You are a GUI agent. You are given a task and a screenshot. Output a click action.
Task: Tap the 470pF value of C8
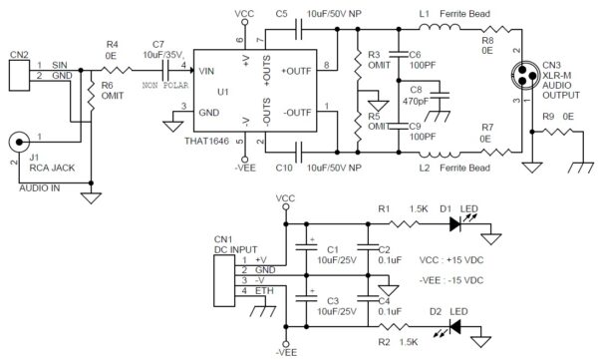point(415,101)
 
